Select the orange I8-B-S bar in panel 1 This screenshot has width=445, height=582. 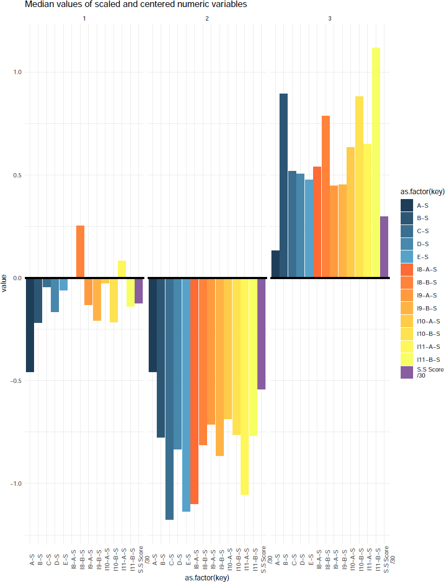[80, 252]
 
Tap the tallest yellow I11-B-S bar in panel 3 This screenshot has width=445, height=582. [376, 163]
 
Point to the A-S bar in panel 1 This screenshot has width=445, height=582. [30, 325]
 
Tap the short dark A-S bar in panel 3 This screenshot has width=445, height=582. [275, 264]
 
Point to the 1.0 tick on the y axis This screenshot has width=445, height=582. [16, 72]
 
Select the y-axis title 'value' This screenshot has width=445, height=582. [4, 283]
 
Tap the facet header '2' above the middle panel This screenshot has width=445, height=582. [207, 19]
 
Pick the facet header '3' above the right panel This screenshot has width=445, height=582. [330, 19]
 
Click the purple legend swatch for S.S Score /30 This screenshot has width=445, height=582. [407, 372]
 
